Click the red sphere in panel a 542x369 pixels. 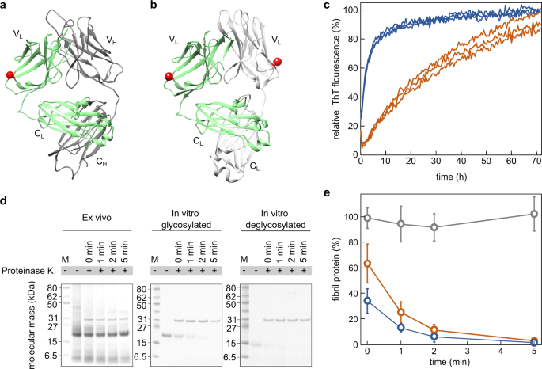[10, 74]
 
